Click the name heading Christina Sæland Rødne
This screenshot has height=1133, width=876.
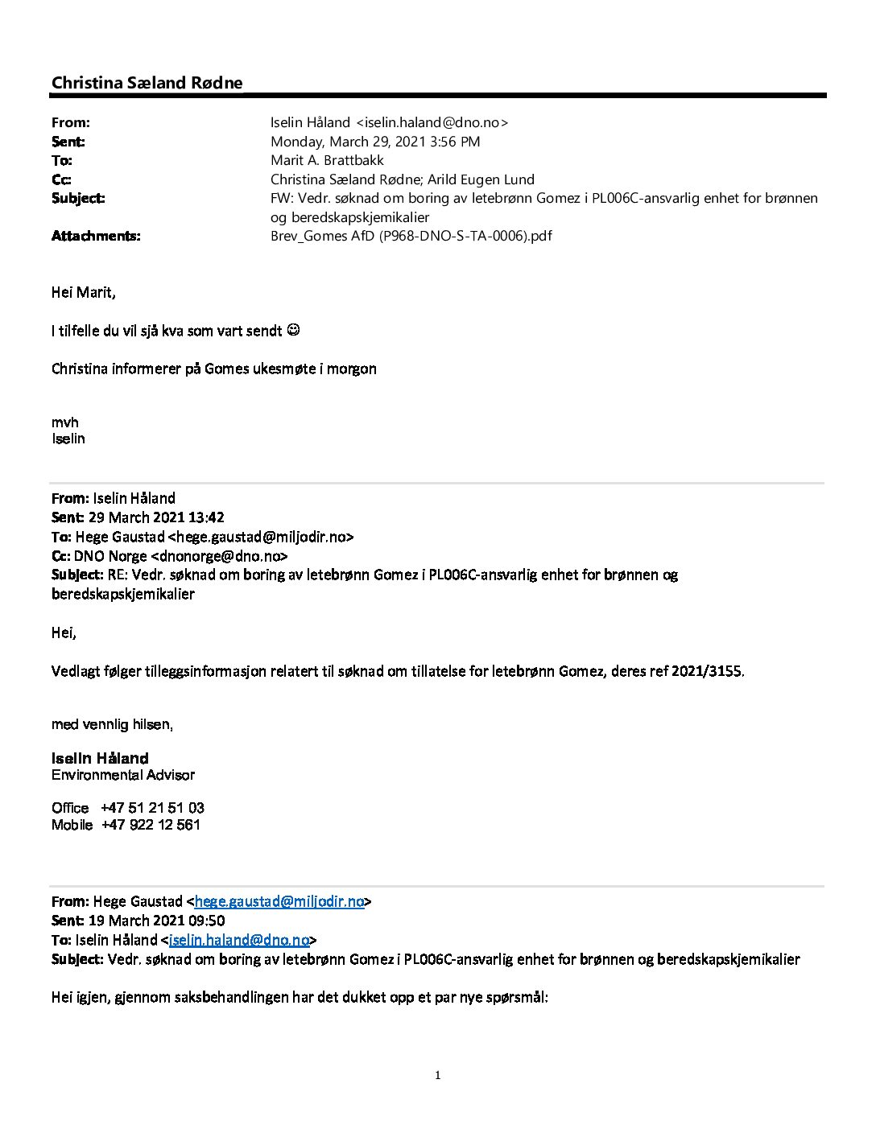click(147, 83)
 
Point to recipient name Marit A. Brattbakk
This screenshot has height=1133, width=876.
click(327, 160)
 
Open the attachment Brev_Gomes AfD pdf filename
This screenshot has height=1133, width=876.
click(411, 236)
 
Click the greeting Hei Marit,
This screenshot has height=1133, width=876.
click(83, 292)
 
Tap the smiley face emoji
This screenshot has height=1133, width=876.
click(294, 330)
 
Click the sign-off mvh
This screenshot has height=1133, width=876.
click(65, 422)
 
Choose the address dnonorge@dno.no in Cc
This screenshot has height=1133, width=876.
click(219, 556)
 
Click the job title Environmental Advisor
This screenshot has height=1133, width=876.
click(123, 775)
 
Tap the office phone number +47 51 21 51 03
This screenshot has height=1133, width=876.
click(152, 808)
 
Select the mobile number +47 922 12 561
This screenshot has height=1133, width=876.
click(151, 825)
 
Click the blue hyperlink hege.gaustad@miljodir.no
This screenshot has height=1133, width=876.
click(279, 901)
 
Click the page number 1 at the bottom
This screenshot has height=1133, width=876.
click(438, 1076)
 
